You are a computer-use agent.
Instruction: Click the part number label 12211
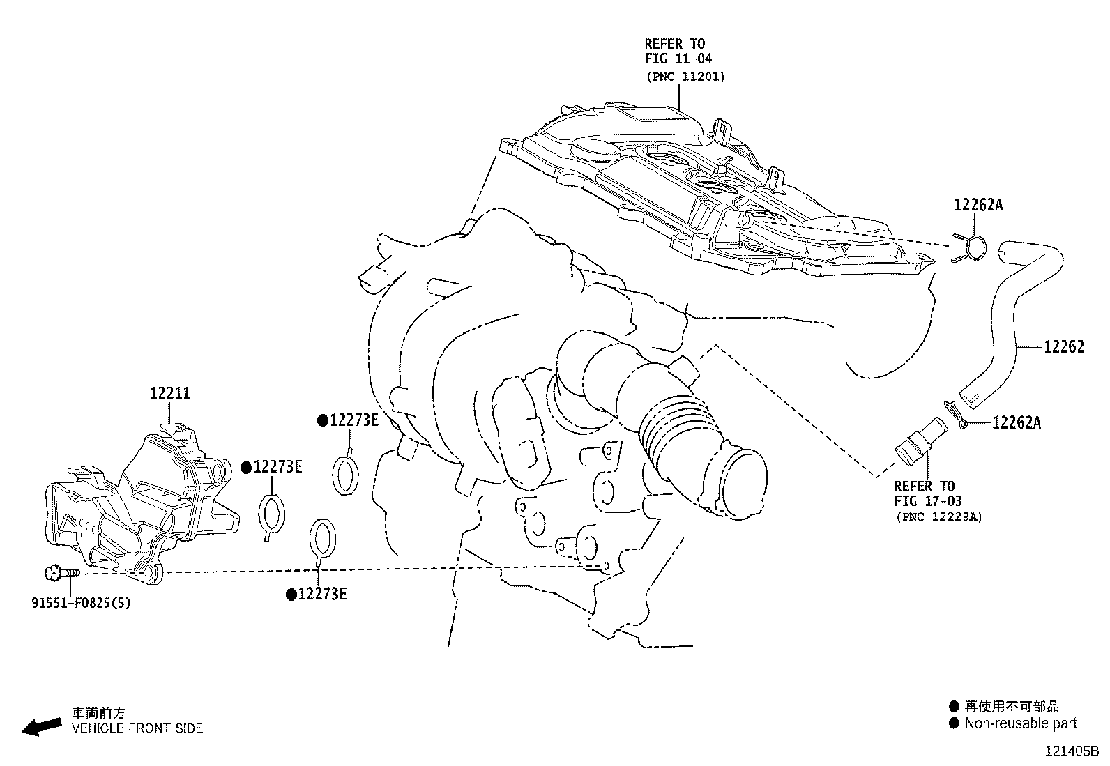170,394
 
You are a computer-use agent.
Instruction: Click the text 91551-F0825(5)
80,603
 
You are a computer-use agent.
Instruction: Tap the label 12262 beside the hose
1064,347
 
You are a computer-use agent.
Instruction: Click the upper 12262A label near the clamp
978,205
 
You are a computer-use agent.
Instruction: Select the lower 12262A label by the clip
1017,422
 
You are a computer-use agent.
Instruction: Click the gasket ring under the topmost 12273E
344,475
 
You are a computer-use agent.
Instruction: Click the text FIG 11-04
678,59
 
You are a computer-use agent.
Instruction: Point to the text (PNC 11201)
685,77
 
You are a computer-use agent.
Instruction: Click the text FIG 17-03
928,501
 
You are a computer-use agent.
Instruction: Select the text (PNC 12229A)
938,517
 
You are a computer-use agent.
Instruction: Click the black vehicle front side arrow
41,726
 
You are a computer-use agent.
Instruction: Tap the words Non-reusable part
1020,723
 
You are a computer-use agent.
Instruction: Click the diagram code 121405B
1071,751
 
